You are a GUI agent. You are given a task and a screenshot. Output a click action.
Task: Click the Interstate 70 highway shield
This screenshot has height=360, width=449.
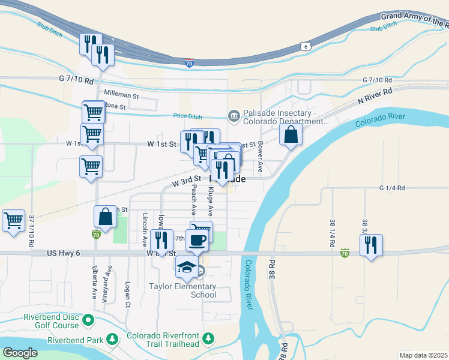[188, 63]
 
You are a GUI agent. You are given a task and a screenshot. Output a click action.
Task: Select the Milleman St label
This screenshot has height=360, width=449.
[121, 95]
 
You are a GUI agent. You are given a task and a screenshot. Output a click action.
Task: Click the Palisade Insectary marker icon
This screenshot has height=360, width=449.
[232, 115]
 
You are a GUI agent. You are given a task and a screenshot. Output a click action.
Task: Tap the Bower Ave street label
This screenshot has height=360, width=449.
[261, 157]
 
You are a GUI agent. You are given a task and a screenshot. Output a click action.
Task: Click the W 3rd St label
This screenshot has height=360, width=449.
[186, 180]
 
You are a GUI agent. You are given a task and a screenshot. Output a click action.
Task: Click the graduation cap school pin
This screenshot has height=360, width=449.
[187, 266]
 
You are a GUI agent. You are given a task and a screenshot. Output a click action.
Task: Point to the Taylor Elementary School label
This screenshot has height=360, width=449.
[182, 290]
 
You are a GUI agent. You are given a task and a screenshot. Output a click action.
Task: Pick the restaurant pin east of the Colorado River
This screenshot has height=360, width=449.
[371, 245]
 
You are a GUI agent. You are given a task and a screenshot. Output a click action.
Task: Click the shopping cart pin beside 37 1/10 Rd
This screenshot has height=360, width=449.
[13, 220]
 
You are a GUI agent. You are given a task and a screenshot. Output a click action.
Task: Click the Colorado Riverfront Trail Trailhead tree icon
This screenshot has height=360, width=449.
[208, 340]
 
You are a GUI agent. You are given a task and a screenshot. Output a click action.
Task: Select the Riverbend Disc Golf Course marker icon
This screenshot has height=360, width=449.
[88, 320]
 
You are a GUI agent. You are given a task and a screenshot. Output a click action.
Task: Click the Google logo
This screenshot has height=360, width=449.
[20, 353]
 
